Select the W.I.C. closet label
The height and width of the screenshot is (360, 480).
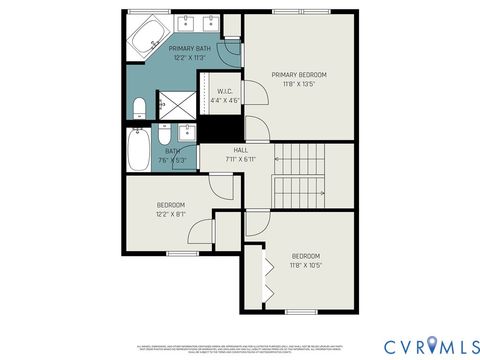click(227, 91)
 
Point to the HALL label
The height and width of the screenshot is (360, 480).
click(241, 150)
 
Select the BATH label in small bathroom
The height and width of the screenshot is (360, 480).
click(159, 151)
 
